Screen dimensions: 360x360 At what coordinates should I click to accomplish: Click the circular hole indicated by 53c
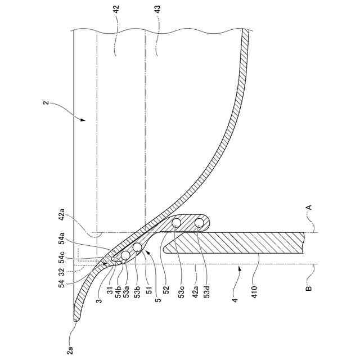pos(177,223)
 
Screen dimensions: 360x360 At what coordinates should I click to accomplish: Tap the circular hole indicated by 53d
pos(199,223)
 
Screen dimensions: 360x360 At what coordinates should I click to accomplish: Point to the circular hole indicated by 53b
pos(137,247)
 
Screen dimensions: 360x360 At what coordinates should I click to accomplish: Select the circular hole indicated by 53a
pos(125,255)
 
